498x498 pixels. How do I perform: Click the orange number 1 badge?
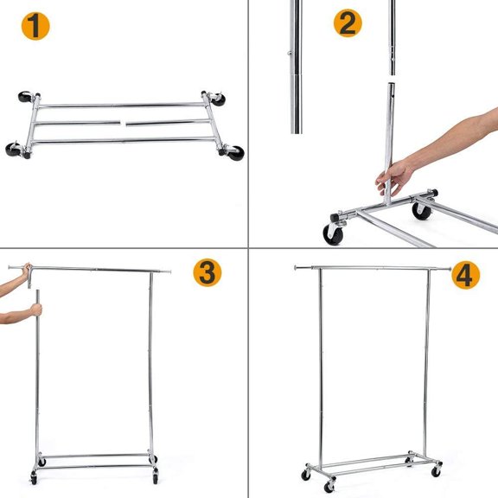35,27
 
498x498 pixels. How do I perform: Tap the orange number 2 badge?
347,22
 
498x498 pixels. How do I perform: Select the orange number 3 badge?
207,272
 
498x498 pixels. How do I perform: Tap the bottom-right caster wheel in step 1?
233,153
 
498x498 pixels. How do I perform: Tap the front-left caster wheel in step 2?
332,233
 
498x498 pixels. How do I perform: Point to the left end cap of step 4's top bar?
297,267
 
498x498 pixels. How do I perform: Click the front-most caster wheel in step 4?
330,487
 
